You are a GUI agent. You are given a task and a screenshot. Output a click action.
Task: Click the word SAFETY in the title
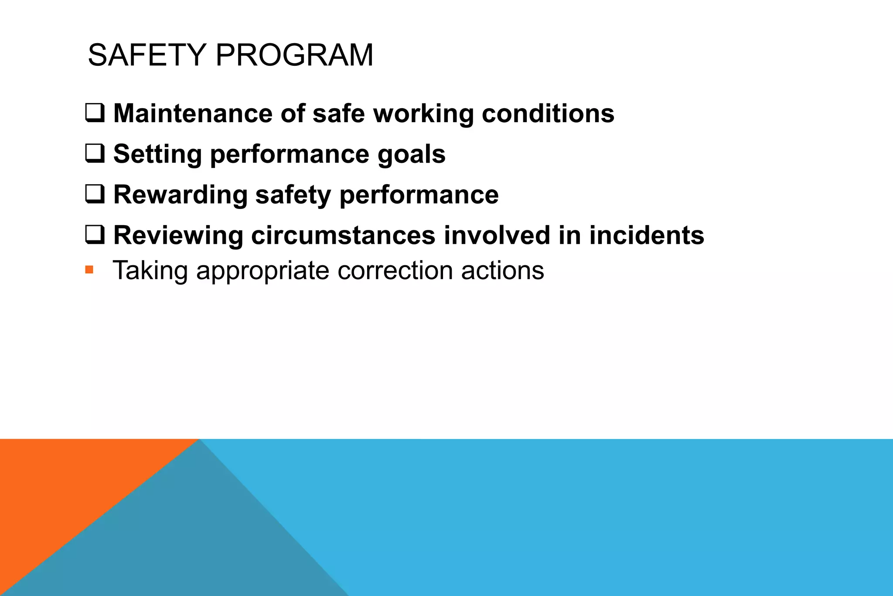(147, 55)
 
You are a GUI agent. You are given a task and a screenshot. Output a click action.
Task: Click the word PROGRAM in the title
(294, 55)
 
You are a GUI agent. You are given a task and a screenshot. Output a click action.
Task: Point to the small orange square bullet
(89, 270)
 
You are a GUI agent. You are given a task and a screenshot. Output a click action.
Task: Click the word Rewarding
(181, 195)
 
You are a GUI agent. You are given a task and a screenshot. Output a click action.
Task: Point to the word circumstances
(343, 235)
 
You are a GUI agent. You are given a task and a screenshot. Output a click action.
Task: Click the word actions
(502, 271)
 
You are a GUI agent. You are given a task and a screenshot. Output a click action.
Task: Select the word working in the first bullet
(423, 114)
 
